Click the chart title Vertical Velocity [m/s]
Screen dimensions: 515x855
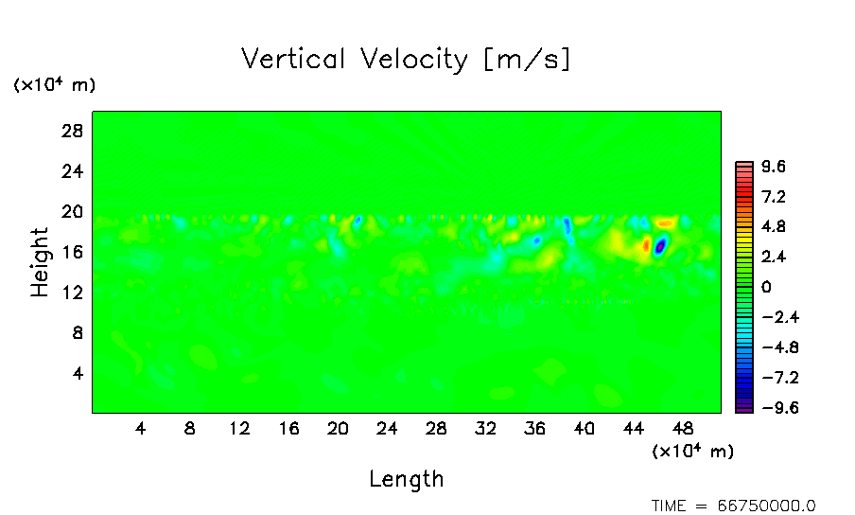tap(407, 60)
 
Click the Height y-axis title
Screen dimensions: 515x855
tap(40, 261)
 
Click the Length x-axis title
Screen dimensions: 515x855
tap(407, 479)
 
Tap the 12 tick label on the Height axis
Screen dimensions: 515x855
tap(73, 293)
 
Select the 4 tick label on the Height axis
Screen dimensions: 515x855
tap(78, 374)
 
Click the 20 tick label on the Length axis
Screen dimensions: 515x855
tap(338, 428)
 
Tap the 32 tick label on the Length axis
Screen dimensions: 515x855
tap(486, 428)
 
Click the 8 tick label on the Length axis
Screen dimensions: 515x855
tap(190, 428)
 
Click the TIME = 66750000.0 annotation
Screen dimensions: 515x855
tap(734, 506)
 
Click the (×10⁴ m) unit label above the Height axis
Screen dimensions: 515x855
tap(54, 85)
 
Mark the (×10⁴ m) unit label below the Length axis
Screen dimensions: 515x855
tap(692, 451)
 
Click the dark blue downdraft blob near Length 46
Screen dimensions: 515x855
tap(660, 246)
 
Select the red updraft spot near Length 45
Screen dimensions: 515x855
tap(647, 245)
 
